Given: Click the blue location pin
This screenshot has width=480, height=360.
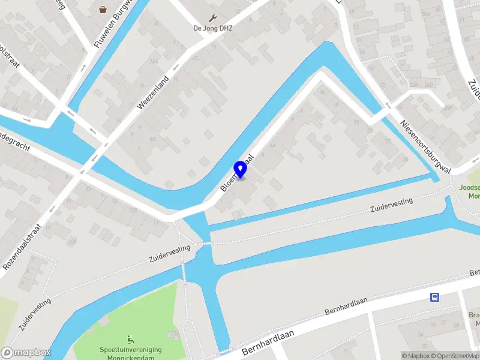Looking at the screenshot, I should (241, 169).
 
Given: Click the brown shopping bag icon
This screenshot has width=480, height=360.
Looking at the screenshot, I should (104, 9).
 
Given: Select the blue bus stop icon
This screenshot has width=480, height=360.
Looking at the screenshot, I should (434, 296).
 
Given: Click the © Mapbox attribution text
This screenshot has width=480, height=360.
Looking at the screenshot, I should (416, 356).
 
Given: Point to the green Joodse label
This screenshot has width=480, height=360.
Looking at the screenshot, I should (469, 187).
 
